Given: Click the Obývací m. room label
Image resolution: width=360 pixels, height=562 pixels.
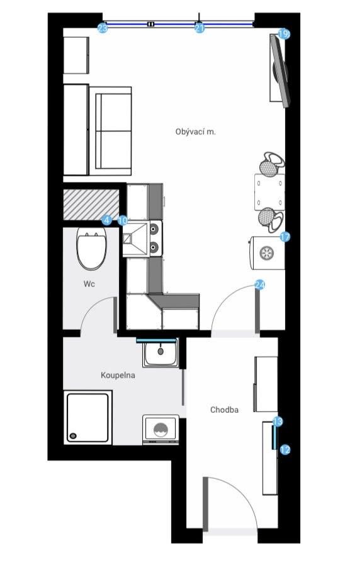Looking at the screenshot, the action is click(195, 132).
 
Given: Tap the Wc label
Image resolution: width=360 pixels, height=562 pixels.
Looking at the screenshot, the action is click(89, 284).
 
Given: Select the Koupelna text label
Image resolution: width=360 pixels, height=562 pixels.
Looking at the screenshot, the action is click(118, 375).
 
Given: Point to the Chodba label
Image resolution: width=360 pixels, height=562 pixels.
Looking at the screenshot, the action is click(225, 410).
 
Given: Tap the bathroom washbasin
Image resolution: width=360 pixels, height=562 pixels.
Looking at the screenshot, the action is click(160, 352).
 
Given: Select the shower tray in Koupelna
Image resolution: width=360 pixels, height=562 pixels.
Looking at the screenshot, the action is click(88, 417).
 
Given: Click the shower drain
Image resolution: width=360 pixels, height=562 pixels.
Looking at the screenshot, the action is click(73, 436).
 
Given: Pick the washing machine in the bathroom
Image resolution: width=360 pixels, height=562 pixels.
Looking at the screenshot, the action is click(160, 430).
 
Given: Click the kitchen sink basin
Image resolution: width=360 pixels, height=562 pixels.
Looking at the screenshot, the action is click(135, 239).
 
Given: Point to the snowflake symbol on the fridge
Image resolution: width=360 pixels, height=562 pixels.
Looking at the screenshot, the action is click(266, 253).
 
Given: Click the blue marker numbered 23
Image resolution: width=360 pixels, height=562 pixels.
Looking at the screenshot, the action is click(103, 28).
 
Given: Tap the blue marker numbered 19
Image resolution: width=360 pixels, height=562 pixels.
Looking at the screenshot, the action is click(283, 35).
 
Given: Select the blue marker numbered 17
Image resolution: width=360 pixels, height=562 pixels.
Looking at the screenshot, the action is click(285, 237).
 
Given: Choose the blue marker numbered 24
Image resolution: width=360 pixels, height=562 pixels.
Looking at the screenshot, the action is click(260, 285).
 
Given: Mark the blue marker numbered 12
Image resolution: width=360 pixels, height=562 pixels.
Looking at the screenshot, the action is click(285, 449).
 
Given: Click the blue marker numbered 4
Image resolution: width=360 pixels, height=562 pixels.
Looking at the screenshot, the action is click(106, 220).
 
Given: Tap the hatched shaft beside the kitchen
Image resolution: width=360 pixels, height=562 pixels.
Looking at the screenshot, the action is click(91, 205).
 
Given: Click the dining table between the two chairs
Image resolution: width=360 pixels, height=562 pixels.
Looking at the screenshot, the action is click(269, 192).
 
